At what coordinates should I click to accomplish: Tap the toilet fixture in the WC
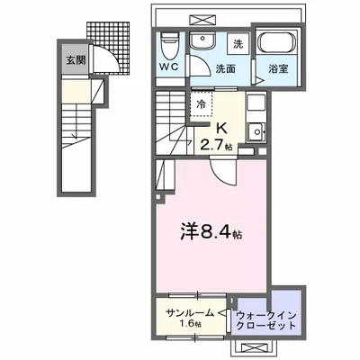click(x=168, y=45)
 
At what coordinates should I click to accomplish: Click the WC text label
click(x=170, y=67)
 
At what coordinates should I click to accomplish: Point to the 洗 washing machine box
click(x=238, y=44)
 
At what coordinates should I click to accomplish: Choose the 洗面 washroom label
click(x=213, y=67)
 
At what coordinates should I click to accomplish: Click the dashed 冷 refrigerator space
click(x=202, y=103)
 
